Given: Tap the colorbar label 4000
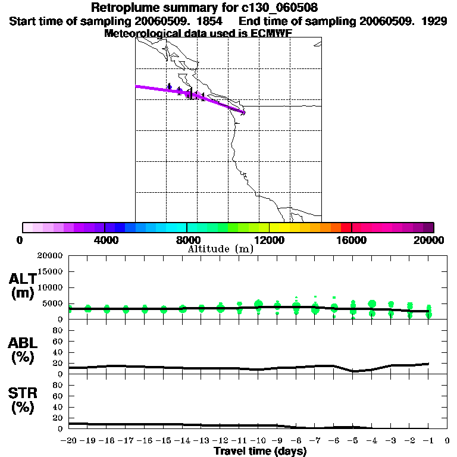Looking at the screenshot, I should [x=104, y=240].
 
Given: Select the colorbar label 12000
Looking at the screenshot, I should [x=269, y=240].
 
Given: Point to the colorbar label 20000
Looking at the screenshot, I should [x=429, y=240].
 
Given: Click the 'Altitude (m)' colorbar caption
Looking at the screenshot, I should [x=221, y=249].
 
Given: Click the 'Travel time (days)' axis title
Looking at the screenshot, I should [x=260, y=452].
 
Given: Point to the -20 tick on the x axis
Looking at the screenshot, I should [x=69, y=441].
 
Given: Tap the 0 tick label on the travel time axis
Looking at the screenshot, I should [x=447, y=441].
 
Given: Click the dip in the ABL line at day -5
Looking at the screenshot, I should [x=353, y=371].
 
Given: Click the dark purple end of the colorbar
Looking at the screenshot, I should [x=428, y=227].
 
